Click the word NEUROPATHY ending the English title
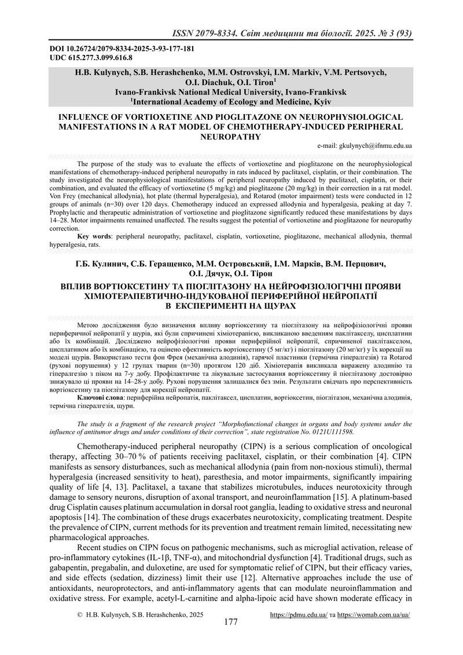tap(230, 137)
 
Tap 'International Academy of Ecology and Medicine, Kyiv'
tap(233, 101)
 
